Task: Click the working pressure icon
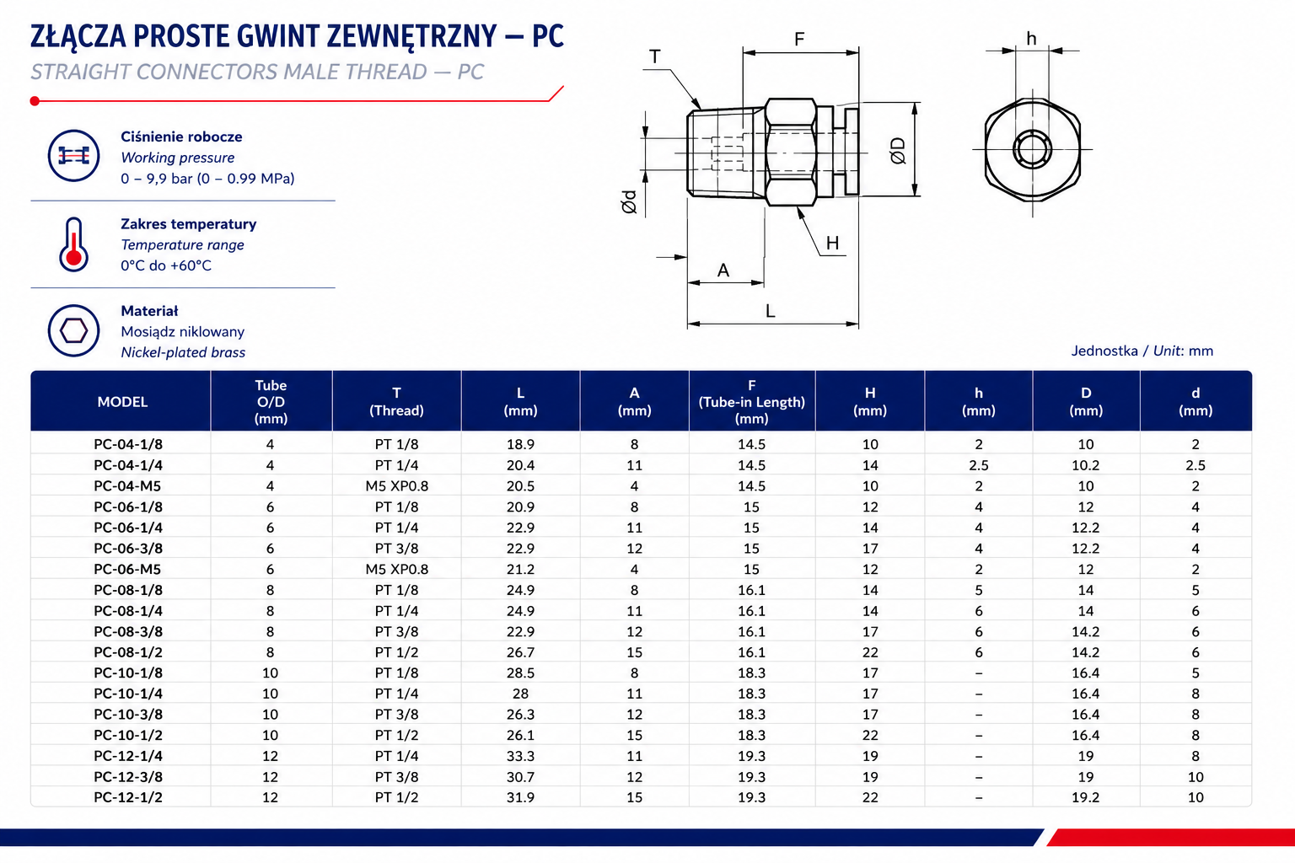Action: click(x=73, y=156)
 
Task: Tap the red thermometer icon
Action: click(x=73, y=244)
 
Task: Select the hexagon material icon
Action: click(x=73, y=330)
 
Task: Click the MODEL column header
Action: click(x=122, y=402)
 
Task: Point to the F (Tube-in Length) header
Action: click(x=751, y=402)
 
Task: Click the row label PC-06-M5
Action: click(x=128, y=570)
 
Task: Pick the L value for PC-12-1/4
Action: click(x=520, y=756)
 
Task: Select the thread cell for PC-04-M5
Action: click(x=396, y=486)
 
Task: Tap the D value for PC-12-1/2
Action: click(x=1086, y=797)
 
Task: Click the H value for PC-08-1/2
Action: click(x=870, y=652)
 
